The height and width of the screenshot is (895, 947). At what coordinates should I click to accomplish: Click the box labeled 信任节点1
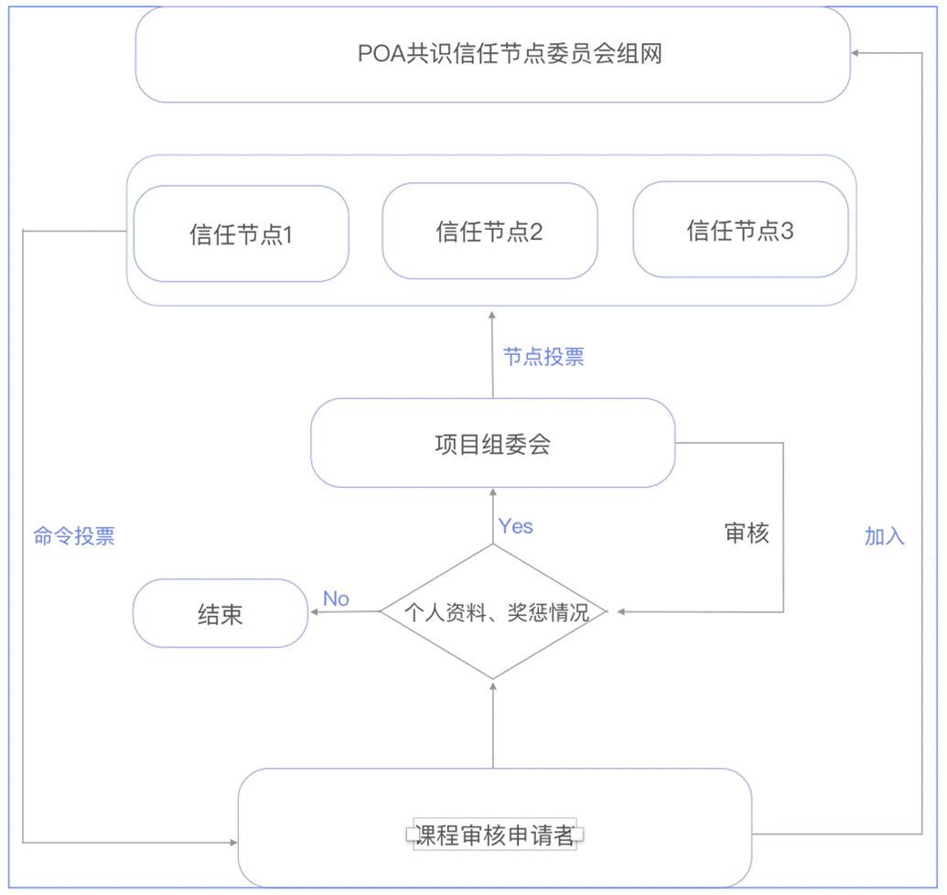tap(241, 234)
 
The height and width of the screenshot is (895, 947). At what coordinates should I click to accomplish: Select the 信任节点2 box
tap(490, 231)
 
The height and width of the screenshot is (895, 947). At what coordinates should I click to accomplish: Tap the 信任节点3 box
tap(740, 230)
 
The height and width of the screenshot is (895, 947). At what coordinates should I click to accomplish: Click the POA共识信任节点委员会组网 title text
tap(510, 54)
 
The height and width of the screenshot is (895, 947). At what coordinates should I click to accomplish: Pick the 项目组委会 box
tap(492, 445)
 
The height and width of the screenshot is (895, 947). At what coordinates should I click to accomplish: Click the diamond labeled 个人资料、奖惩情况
tap(492, 612)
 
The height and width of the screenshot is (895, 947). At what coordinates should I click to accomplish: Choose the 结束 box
tap(221, 614)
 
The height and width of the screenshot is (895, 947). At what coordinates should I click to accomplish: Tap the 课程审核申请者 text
tap(494, 835)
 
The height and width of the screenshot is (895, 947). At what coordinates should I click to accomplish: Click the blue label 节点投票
tap(543, 357)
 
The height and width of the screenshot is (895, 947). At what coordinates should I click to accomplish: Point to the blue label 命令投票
tap(74, 536)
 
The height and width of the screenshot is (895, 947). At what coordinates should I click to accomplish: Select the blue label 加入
tap(884, 536)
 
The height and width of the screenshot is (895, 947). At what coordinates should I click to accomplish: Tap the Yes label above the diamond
tap(515, 526)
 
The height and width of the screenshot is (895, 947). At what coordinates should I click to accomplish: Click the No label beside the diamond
tap(336, 598)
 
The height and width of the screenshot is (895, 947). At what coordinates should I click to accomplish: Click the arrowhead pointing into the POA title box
tap(856, 54)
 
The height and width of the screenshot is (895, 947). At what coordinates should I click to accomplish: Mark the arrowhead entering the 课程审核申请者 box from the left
tap(231, 841)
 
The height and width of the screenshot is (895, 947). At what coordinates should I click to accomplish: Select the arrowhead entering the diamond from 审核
tap(622, 611)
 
